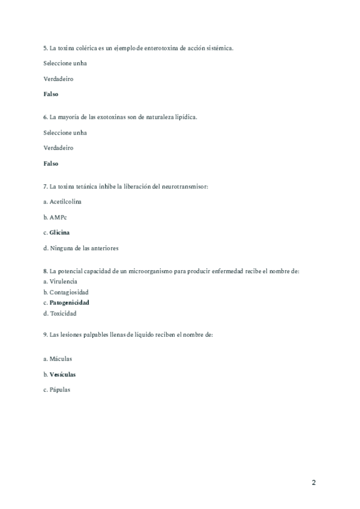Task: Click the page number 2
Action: coord(314,483)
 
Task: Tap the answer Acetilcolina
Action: coord(65,201)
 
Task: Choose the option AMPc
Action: coord(58,217)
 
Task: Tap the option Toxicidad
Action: coord(63,313)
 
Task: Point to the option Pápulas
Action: coord(60,390)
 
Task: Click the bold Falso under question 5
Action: coord(51,94)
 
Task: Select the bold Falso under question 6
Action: coord(51,163)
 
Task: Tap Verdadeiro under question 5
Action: coord(58,79)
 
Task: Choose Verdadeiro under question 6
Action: coord(58,148)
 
